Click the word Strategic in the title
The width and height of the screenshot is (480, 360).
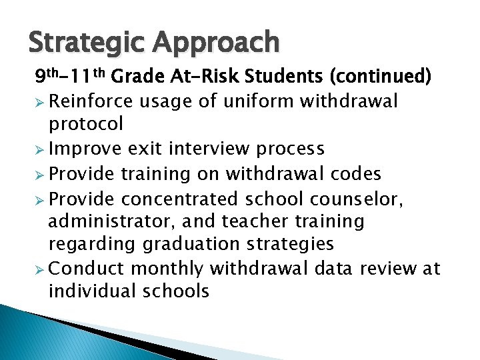click(x=86, y=43)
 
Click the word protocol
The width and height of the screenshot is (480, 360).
click(x=86, y=124)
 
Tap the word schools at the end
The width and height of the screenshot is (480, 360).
click(x=180, y=291)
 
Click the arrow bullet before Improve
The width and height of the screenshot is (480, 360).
click(x=40, y=149)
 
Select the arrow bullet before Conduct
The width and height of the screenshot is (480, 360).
click(x=40, y=269)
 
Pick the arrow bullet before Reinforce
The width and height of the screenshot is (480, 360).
click(x=40, y=101)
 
